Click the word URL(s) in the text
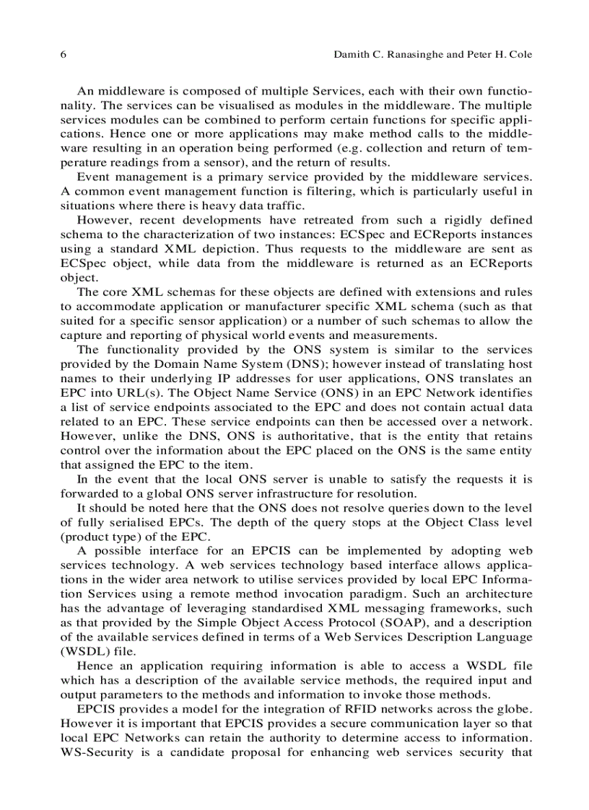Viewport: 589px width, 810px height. point(114,393)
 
